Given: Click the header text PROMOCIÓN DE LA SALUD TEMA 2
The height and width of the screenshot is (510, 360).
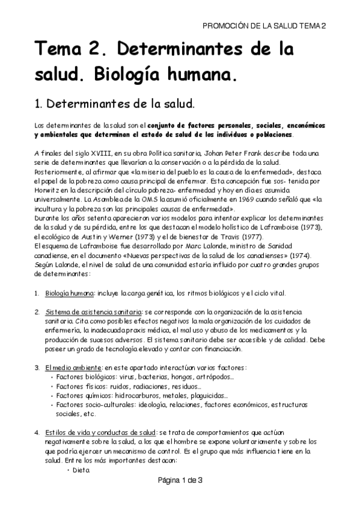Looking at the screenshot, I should (264, 26).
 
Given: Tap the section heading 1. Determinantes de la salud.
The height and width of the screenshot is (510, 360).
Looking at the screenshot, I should (115, 103).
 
